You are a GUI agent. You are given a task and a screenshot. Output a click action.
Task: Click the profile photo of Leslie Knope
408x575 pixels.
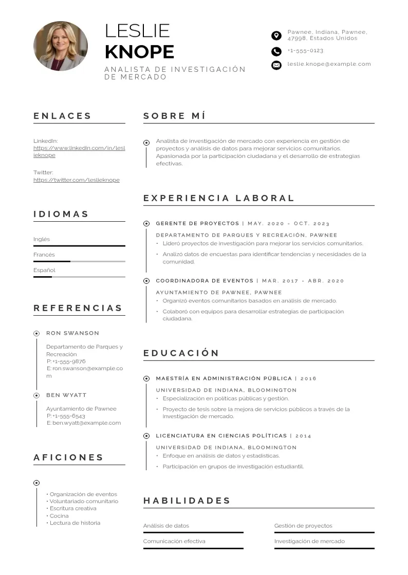point(61,46)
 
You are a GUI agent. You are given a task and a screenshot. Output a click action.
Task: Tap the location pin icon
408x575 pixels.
point(276,35)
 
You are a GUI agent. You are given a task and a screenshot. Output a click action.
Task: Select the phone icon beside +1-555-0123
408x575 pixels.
point(276,51)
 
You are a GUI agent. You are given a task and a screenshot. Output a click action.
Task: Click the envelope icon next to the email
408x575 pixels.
point(276,65)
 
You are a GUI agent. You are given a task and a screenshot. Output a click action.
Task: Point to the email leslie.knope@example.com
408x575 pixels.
point(329,64)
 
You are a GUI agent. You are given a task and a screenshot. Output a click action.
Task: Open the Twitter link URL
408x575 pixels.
point(77,180)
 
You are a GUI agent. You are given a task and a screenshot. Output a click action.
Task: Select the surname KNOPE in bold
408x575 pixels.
point(139,52)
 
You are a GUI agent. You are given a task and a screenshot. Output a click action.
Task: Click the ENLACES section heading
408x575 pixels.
point(63,116)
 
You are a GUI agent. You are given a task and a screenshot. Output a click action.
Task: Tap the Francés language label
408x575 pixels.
point(44,255)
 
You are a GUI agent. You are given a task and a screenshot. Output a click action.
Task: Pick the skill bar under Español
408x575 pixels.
point(79,277)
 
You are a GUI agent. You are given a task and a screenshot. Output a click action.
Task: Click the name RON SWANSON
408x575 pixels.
point(72,333)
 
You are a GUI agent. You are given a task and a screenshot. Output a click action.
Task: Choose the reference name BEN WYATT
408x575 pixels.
point(66,395)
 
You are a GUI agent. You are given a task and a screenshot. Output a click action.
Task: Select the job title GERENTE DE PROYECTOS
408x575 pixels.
point(197,224)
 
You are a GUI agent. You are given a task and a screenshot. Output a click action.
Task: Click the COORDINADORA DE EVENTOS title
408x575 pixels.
point(205,281)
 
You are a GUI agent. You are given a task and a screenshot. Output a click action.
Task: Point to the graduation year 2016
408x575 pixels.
point(308,379)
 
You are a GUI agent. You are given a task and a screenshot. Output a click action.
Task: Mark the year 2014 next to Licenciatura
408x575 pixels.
point(303,436)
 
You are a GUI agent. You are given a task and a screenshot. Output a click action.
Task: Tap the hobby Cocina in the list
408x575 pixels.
point(59,515)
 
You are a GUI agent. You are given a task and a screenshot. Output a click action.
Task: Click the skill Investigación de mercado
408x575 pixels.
point(309,541)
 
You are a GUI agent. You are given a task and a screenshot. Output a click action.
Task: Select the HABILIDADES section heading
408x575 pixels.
point(187,501)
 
